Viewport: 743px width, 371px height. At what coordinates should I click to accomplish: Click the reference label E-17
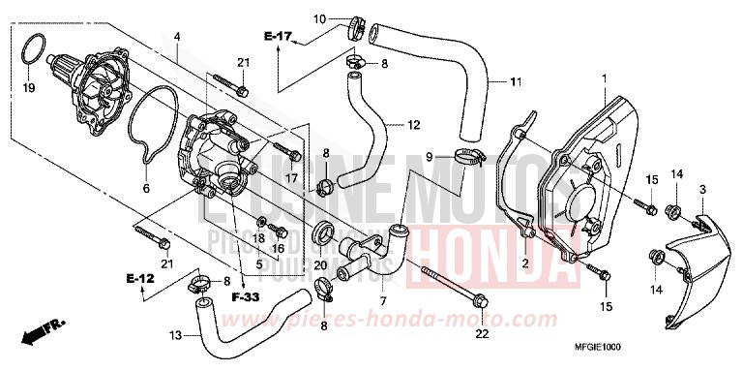[x=278, y=37]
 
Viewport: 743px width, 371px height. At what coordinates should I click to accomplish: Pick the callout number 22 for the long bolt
[x=480, y=336]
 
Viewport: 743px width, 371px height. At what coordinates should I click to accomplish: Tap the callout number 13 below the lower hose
[x=174, y=335]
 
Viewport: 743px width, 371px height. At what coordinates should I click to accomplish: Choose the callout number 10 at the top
[x=320, y=18]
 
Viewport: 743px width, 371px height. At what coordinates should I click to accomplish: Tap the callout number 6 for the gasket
[x=147, y=189]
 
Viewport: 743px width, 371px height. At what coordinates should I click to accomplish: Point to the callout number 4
[x=178, y=38]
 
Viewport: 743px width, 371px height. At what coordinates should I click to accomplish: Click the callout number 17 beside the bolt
[x=290, y=178]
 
